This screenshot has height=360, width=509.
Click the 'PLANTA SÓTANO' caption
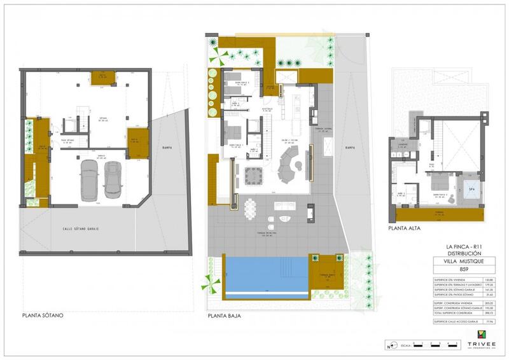point(43,315)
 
